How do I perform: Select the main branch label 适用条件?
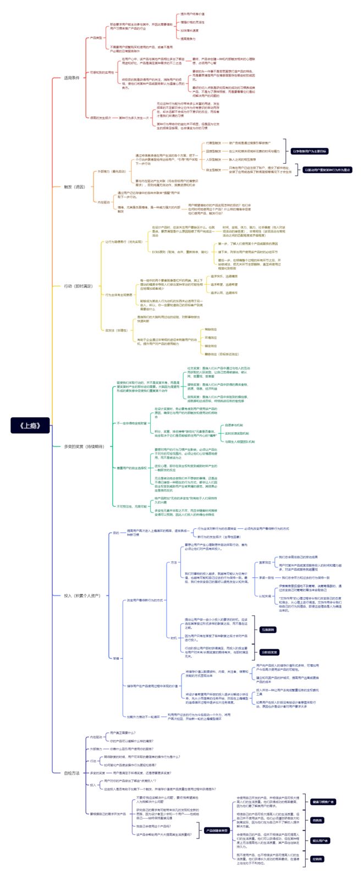coord(72,78)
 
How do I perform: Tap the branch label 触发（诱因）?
coord(75,186)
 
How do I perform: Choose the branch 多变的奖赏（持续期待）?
coord(84,446)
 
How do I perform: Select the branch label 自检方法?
coord(71,772)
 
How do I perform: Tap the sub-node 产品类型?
coord(96,38)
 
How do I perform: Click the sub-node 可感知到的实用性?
coord(102,72)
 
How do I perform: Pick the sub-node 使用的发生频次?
coord(100,118)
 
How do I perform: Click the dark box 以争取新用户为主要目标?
coord(309,151)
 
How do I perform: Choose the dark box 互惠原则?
coord(268,629)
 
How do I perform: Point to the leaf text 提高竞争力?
coord(189,38)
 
